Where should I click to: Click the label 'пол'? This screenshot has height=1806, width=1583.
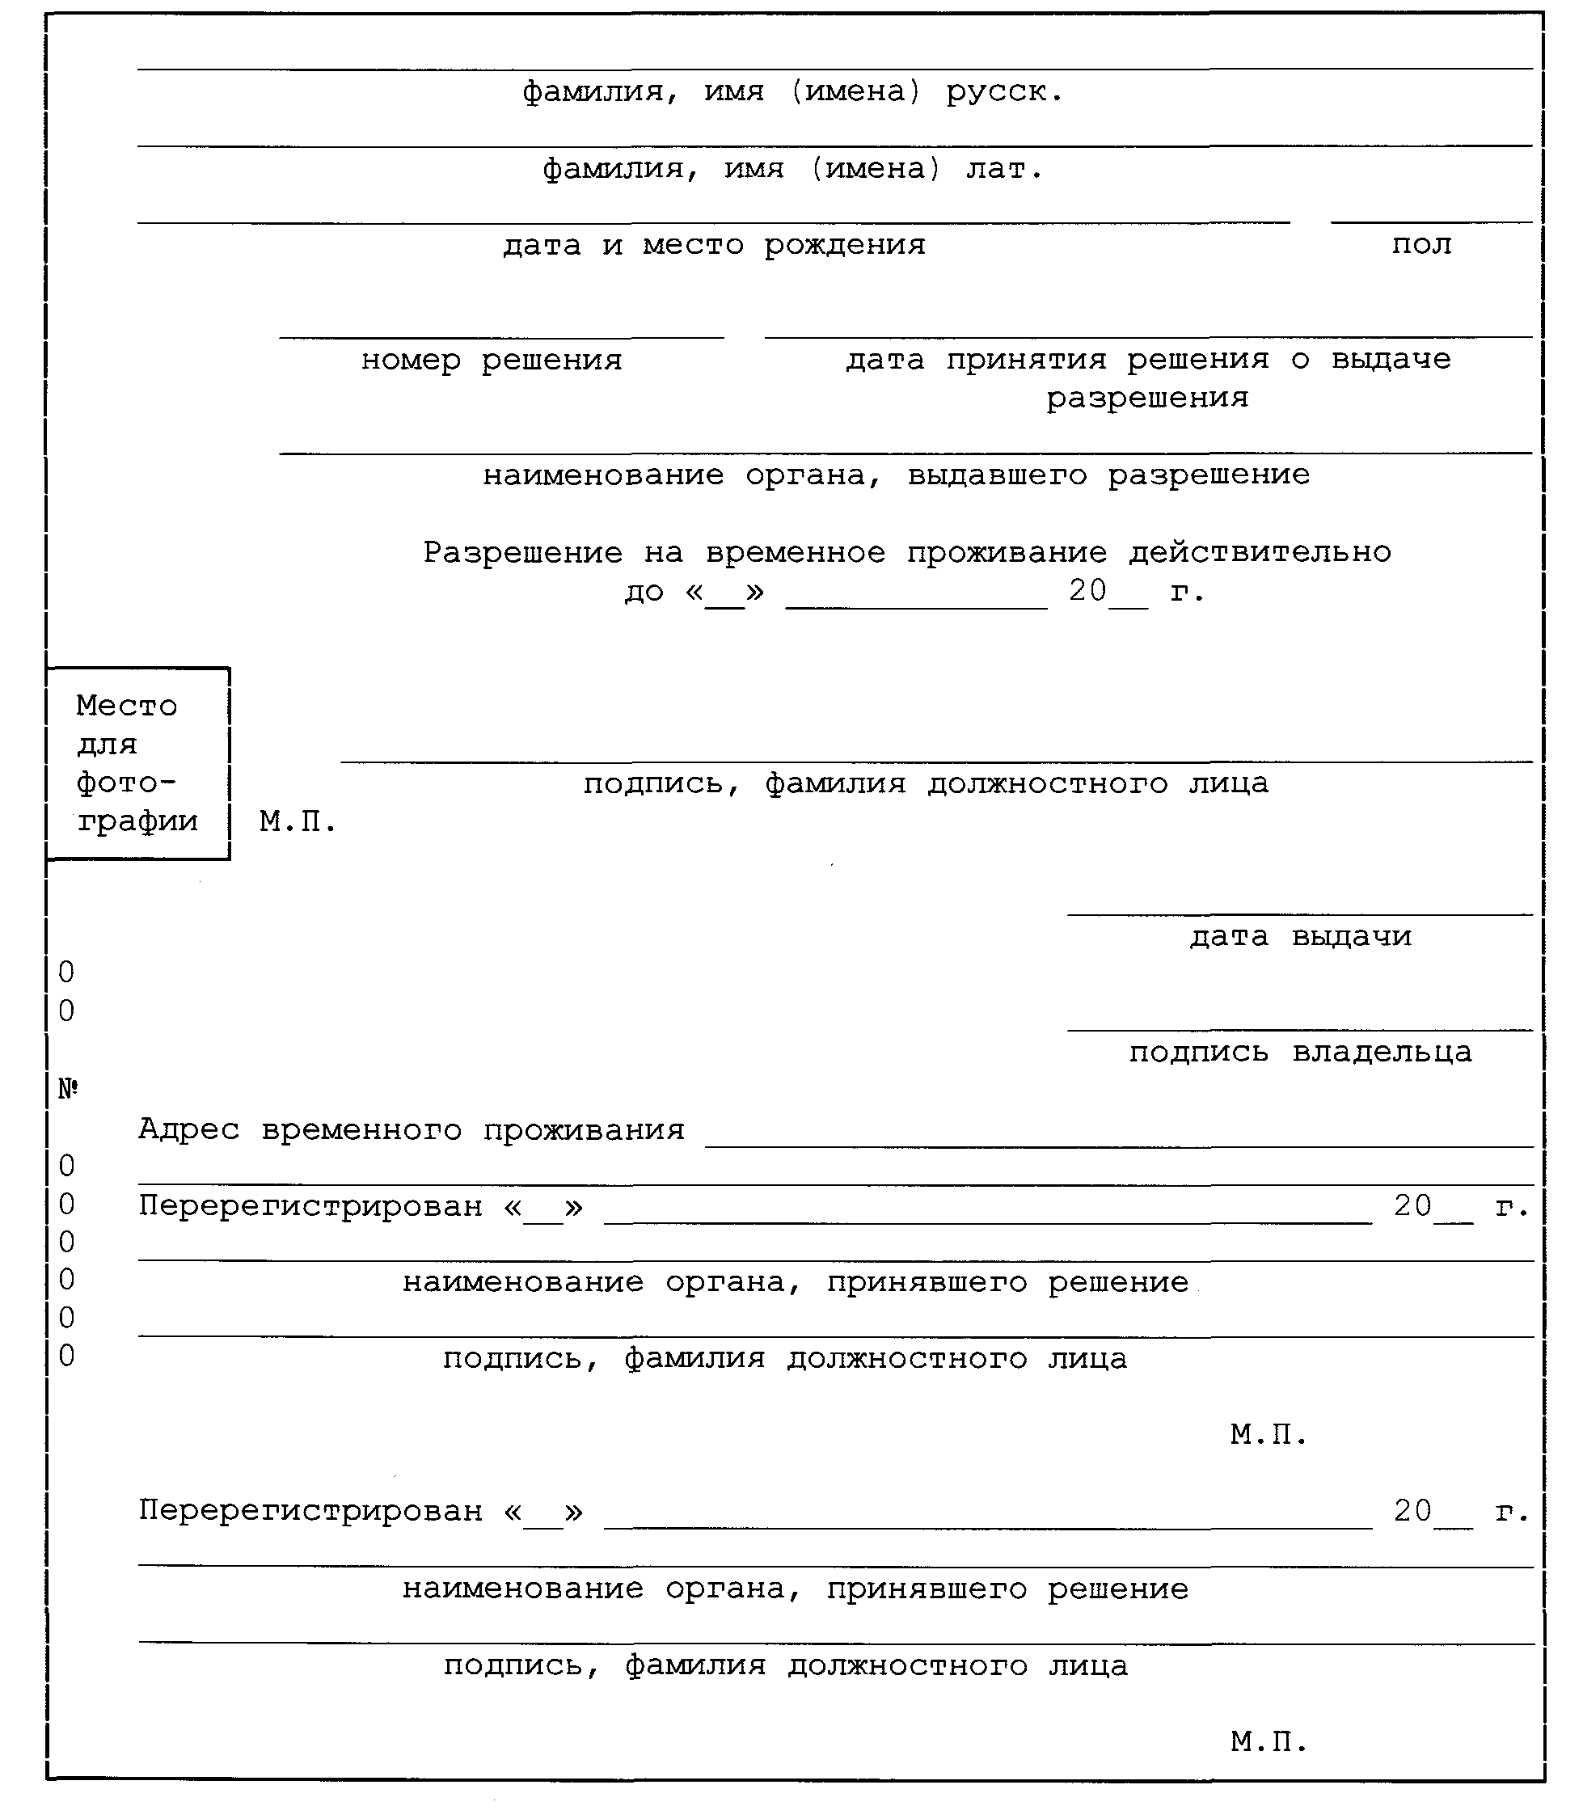[1420, 245]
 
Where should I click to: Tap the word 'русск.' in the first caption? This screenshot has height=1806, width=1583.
[1004, 92]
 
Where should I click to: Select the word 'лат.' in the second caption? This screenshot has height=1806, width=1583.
[1004, 169]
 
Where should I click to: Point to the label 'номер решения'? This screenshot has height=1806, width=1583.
[492, 361]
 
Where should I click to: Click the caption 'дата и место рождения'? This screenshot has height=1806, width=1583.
[714, 245]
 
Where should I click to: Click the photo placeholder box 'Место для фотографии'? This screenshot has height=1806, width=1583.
[137, 763]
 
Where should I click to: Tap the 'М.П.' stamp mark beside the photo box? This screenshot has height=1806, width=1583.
[298, 822]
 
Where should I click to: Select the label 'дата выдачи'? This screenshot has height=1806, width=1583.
[1300, 936]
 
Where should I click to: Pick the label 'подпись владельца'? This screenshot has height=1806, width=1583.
[1300, 1052]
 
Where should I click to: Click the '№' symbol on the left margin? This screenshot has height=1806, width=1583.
[68, 1089]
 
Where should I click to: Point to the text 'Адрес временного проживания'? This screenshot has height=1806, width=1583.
[411, 1129]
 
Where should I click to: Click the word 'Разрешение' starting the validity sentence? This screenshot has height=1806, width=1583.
[523, 553]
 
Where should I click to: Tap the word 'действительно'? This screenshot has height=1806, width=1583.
[1260, 553]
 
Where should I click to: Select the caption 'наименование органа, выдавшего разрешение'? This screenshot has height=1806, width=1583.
[896, 475]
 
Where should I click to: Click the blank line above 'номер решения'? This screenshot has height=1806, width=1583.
[501, 336]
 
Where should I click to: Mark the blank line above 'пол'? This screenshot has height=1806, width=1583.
[1431, 222]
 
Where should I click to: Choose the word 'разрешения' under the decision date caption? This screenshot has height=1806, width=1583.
[1147, 399]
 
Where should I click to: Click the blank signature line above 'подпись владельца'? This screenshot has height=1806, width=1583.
[1299, 1029]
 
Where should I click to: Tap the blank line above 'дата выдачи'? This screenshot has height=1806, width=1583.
[1299, 914]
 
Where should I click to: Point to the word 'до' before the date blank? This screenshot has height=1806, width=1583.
[644, 592]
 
